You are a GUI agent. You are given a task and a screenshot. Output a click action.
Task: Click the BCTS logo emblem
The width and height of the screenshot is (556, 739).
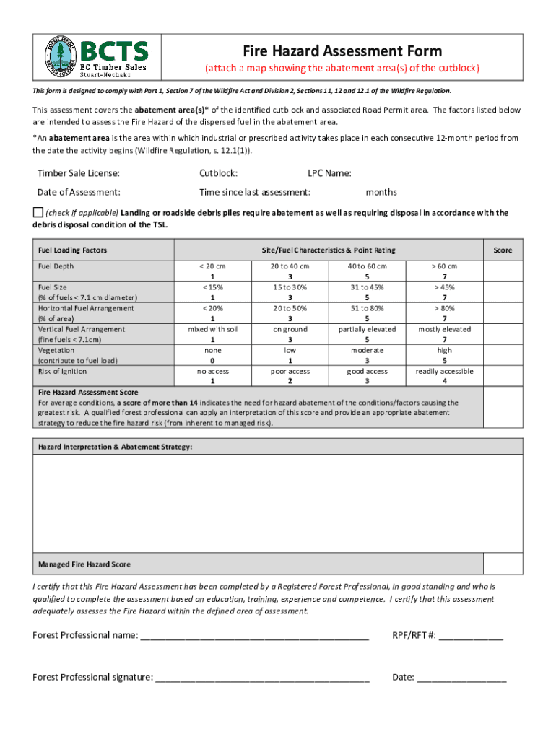59,55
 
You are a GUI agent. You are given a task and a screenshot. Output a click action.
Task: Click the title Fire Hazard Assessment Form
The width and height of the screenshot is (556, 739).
342,51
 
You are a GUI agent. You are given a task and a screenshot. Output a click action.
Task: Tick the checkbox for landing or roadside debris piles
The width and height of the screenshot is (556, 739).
38,212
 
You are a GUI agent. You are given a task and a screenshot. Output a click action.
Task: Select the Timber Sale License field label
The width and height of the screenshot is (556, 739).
78,173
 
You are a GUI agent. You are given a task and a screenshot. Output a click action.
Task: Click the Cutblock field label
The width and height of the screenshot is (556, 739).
218,173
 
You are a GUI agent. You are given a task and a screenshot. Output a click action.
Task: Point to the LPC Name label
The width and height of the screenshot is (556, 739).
329,173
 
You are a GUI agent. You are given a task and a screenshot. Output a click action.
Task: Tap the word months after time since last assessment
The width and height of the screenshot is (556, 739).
381,192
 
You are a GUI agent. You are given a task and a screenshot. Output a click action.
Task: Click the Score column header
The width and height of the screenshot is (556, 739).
503,250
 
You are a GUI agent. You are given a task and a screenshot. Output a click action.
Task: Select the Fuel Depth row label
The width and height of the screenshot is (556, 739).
56,266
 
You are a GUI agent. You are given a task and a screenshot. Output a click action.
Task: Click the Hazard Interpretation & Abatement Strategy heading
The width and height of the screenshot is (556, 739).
115,447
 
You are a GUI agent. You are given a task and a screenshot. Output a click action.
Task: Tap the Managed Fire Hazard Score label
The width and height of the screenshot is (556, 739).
84,564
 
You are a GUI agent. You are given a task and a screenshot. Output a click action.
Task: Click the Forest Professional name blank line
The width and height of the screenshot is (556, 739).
254,636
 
